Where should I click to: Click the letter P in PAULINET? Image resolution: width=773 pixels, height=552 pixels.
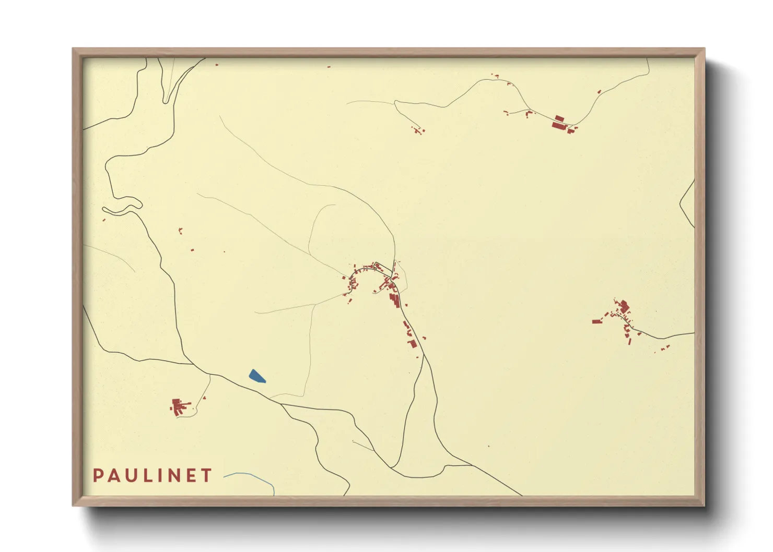pyautogui.click(x=98, y=475)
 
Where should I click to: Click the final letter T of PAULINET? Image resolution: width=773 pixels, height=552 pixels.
pyautogui.click(x=207, y=475)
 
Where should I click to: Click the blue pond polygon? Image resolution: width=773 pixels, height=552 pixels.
pyautogui.click(x=256, y=376)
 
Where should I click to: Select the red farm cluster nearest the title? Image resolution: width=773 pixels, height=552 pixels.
pyautogui.click(x=179, y=406)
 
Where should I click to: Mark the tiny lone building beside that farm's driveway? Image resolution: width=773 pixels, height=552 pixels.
pyautogui.click(x=204, y=398)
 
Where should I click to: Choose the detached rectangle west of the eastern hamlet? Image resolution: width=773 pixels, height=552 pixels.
pyautogui.click(x=595, y=321)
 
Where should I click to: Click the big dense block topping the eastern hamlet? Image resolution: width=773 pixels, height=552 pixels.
pyautogui.click(x=623, y=305)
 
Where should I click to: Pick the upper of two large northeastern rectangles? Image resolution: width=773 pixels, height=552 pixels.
pyautogui.click(x=559, y=118)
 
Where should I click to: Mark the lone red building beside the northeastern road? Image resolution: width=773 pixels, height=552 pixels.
pyautogui.click(x=599, y=92)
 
